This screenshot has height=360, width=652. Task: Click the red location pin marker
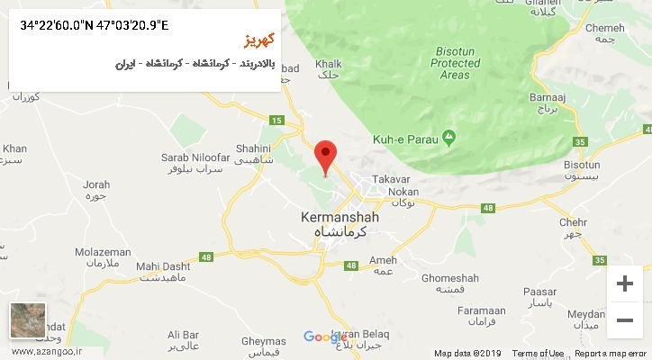click(x=325, y=155)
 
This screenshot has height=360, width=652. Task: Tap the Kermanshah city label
click(x=340, y=218)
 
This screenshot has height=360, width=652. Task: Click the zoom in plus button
click(x=624, y=284)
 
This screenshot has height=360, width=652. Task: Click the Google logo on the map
click(x=325, y=337)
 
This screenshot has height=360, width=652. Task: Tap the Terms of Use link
click(x=538, y=354)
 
